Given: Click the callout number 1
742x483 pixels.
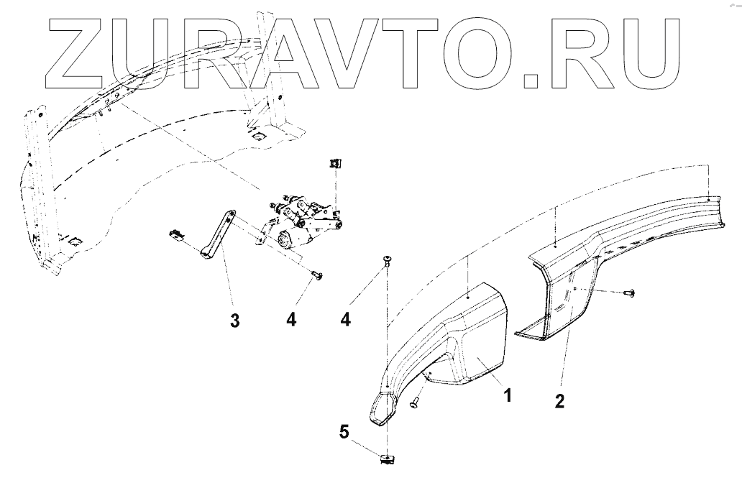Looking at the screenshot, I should pyautogui.click(x=508, y=395).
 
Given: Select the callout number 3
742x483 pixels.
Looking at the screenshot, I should pyautogui.click(x=234, y=321).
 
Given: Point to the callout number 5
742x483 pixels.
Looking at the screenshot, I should pyautogui.click(x=344, y=433).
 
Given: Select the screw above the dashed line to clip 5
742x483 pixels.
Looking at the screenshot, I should pyautogui.click(x=388, y=260).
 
